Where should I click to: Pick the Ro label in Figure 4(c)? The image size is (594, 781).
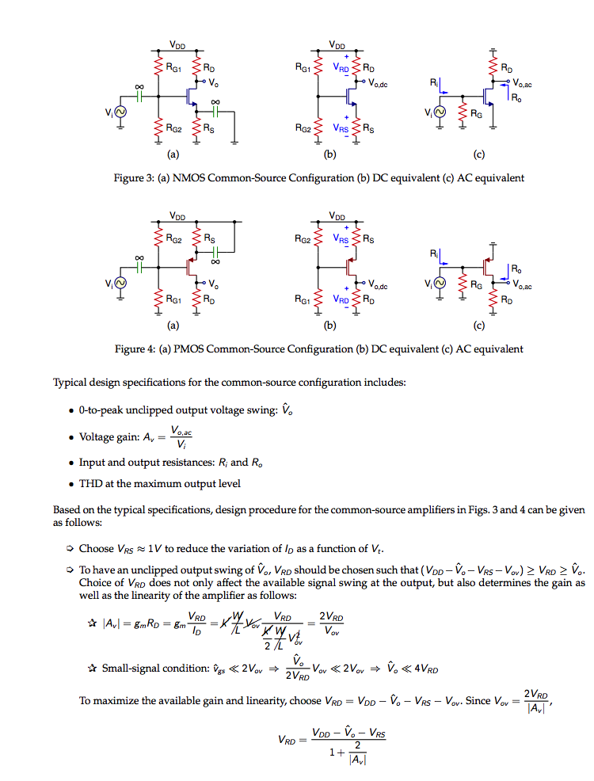[516, 269]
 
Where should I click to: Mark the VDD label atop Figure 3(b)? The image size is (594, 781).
[337, 45]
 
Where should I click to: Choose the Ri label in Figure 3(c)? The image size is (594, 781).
[433, 82]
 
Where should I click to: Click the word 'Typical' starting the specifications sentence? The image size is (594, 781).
[69, 383]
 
